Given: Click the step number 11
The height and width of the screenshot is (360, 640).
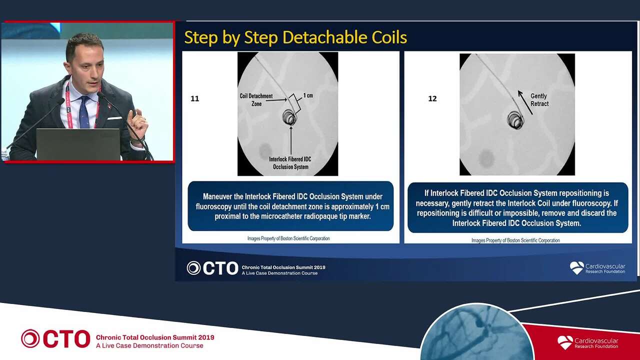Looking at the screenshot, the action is click(194, 98).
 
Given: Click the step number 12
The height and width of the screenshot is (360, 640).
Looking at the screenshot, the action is click(432, 98).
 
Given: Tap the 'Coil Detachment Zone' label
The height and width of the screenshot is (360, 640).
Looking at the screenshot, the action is click(256, 99).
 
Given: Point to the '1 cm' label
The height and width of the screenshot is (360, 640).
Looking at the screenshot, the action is click(308, 95).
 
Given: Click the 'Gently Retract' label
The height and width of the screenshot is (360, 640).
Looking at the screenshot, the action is click(539, 99).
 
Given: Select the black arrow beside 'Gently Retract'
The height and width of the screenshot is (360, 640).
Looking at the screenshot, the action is click(525, 102).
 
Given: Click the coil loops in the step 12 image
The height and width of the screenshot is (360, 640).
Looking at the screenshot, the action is click(515, 120).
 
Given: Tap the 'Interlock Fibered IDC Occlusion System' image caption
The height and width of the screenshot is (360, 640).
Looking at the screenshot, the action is click(290, 163).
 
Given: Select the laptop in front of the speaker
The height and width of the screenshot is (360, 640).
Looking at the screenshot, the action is click(78, 144).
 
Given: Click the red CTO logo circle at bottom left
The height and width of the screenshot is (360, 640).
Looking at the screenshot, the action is click(30, 338).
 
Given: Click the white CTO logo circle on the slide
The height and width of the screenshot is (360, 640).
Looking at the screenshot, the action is click(193, 268).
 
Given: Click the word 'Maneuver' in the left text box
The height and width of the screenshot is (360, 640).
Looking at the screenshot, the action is click(217, 196).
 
